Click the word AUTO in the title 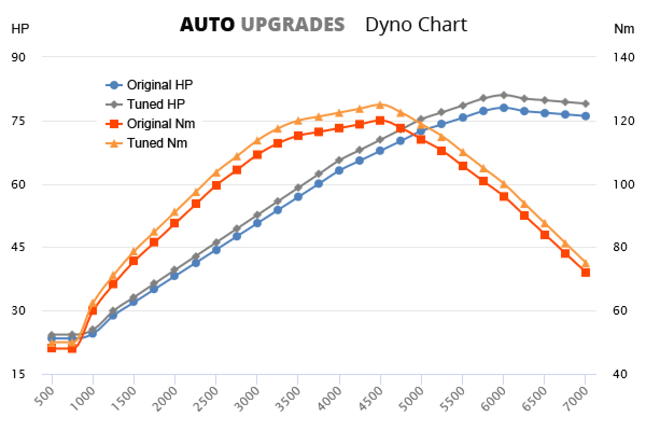[x=207, y=25]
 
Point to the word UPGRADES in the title [x=293, y=25]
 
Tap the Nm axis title [x=624, y=29]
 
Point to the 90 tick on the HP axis [x=19, y=57]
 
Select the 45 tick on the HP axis [x=19, y=248]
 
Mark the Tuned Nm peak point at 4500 [x=380, y=105]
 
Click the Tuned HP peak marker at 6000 [x=503, y=95]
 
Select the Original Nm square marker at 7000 [x=585, y=272]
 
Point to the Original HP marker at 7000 [x=585, y=116]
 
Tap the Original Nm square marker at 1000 [x=93, y=310]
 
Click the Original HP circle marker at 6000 [x=503, y=108]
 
